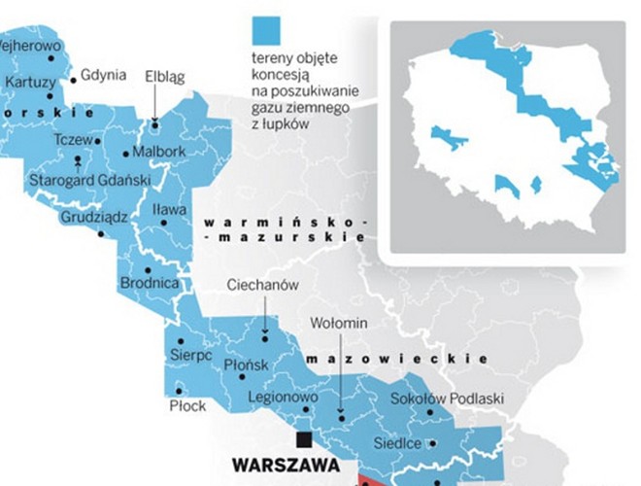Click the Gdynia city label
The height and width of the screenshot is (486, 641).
pos(103,75)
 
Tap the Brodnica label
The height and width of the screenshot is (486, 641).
pos(149,283)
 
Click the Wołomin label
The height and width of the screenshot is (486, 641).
pos(337,322)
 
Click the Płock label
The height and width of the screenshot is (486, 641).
pos(187,405)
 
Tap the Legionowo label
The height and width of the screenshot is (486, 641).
pos(282,398)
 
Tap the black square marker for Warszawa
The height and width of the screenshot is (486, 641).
pos(305,438)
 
